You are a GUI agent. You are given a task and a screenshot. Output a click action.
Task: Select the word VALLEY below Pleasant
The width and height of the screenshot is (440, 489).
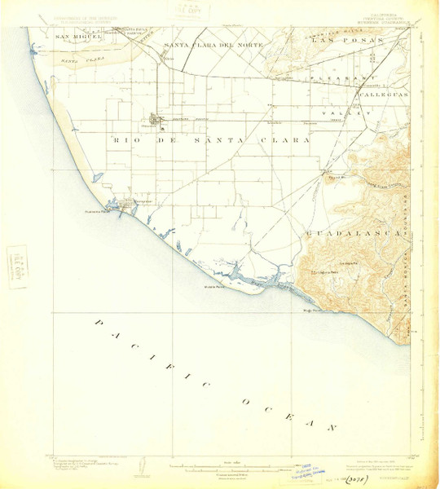[336, 112]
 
